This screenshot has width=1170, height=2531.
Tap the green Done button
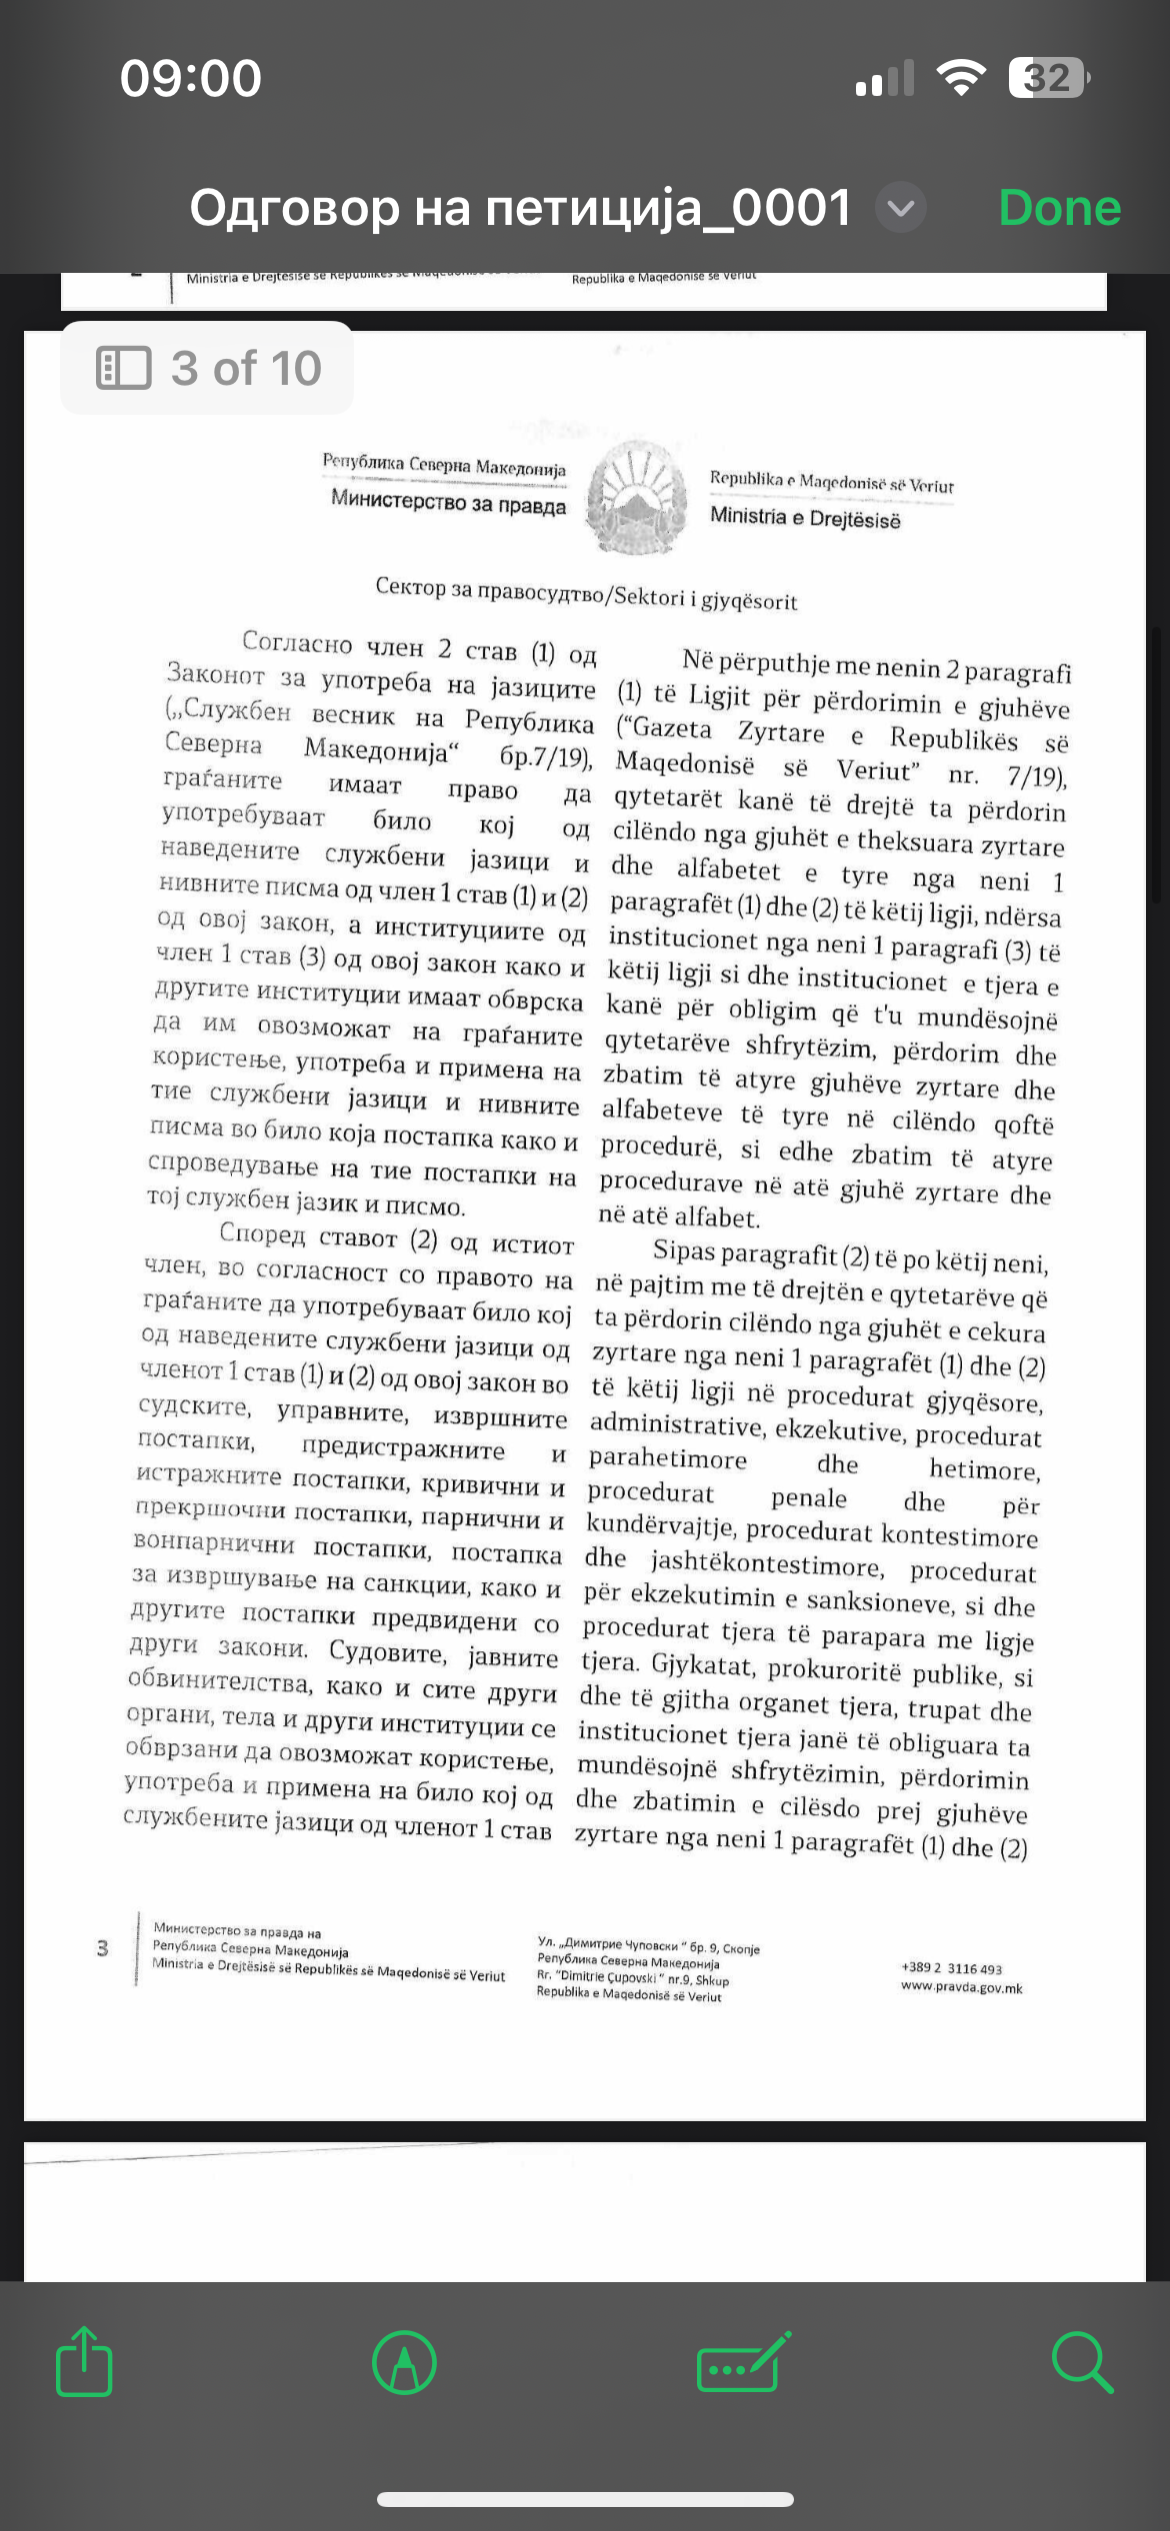[x=1059, y=208]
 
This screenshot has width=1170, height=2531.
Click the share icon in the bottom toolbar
[x=84, y=2362]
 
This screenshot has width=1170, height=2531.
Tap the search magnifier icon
[x=1081, y=2362]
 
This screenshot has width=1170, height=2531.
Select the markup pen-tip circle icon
[x=404, y=2363]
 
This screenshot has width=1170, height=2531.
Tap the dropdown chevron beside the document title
[x=901, y=209]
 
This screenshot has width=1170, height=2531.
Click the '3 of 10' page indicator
[x=208, y=368]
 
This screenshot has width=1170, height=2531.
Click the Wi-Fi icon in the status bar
[x=960, y=78]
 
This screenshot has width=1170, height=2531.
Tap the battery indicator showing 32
[x=1048, y=78]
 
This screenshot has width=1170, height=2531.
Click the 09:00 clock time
[x=191, y=78]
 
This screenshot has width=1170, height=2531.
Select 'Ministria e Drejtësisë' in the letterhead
[x=805, y=518]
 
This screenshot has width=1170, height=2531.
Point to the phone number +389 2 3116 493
[x=951, y=1968]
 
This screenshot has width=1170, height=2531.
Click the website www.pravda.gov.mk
[x=961, y=1987]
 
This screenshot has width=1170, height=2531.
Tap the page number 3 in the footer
[x=102, y=1947]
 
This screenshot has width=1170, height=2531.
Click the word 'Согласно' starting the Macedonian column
[x=297, y=643]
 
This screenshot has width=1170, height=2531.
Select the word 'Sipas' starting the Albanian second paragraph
[x=684, y=1251]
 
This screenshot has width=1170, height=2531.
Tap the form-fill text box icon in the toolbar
[x=743, y=2362]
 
